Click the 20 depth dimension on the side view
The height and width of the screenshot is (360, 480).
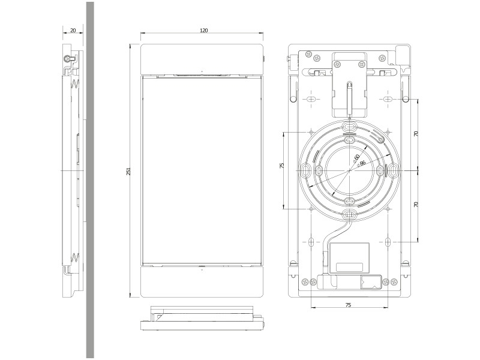pyautogui.click(x=73, y=30)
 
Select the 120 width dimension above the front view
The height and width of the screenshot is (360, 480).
pyautogui.click(x=203, y=30)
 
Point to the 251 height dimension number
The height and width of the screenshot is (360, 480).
pyautogui.click(x=128, y=171)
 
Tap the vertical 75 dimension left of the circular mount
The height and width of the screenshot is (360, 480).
pyautogui.click(x=282, y=166)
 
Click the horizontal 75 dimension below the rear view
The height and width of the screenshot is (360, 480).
pyautogui.click(x=349, y=305)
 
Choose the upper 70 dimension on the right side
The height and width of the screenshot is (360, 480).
pyautogui.click(x=416, y=134)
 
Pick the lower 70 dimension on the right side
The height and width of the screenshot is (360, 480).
pyautogui.click(x=416, y=205)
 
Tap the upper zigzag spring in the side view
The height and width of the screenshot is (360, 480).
pyautogui.click(x=75, y=85)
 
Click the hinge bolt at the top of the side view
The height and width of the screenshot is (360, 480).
pyautogui.click(x=68, y=59)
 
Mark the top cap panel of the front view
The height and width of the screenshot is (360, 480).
pyautogui.click(x=202, y=58)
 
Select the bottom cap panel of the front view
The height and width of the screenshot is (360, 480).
pyautogui.click(x=202, y=281)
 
